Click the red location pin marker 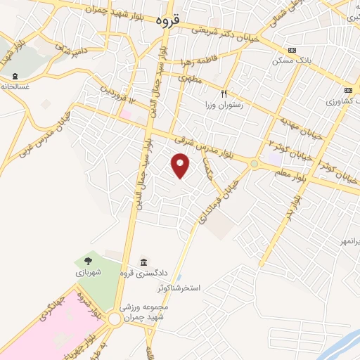181,165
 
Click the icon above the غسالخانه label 14,76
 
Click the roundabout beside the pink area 115,319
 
